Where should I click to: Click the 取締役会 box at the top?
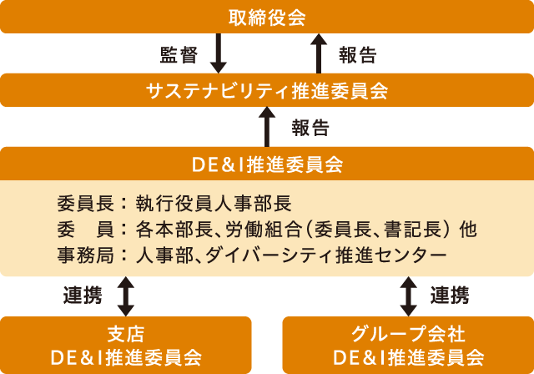click(267, 17)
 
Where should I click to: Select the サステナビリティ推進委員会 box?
click(267, 90)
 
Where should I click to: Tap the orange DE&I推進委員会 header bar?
click(267, 164)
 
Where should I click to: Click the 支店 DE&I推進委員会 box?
click(126, 346)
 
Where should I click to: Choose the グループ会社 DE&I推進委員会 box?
click(408, 346)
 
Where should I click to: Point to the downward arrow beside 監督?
click(219, 54)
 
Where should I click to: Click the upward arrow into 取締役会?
click(317, 54)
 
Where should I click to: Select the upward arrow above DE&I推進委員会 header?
click(267, 128)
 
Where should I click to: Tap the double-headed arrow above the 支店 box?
click(126, 296)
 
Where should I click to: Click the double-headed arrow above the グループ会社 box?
click(408, 296)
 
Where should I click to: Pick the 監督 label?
click(178, 55)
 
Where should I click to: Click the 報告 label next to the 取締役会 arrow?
click(358, 55)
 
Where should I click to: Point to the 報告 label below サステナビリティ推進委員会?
click(310, 129)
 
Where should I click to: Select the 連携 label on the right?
click(450, 296)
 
